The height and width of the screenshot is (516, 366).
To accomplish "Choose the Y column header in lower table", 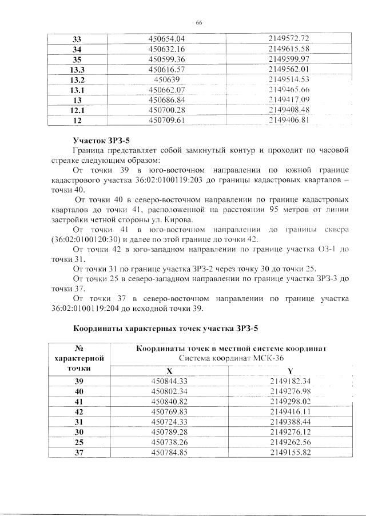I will (290, 370).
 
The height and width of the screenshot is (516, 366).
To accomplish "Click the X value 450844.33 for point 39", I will (170, 381).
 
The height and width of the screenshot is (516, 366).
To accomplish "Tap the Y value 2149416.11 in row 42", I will (290, 411).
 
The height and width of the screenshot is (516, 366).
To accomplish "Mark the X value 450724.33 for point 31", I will (170, 422).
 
